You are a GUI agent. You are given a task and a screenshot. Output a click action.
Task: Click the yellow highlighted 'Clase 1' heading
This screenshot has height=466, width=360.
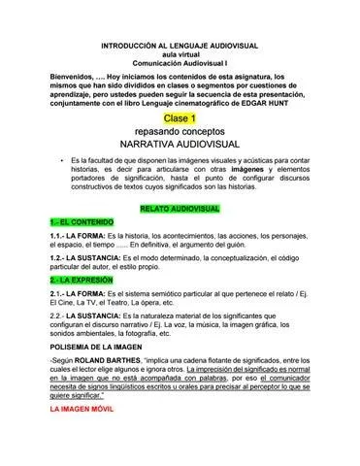[x=180, y=116]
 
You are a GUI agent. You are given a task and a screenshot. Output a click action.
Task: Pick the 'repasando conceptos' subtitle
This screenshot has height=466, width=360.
[x=180, y=130]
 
